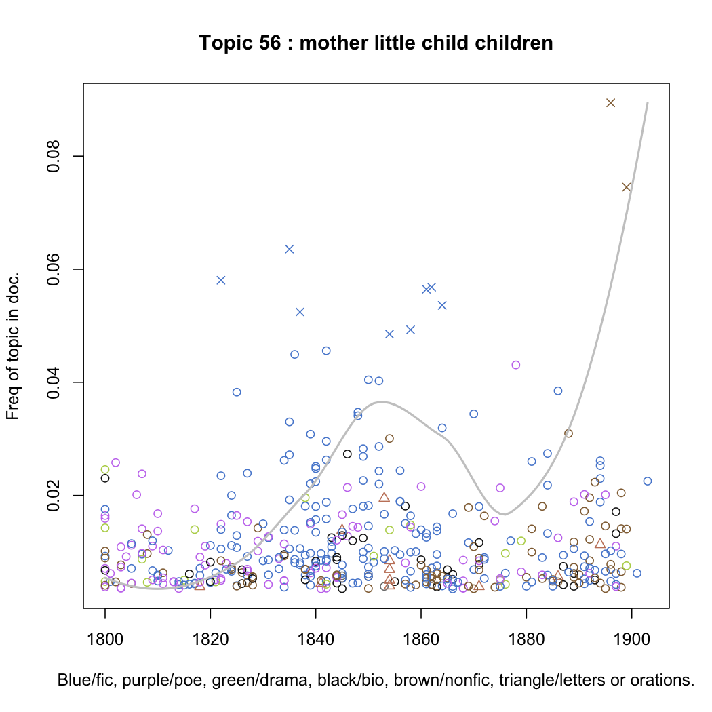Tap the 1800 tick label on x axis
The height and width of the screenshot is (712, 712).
(x=105, y=640)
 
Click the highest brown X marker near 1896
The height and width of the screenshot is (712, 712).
(x=610, y=102)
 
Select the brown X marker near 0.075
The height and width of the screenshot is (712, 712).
(x=627, y=187)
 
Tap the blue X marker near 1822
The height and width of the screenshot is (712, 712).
(x=220, y=280)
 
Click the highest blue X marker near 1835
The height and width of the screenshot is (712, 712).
(x=290, y=249)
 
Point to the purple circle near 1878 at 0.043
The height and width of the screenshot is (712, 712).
(x=515, y=365)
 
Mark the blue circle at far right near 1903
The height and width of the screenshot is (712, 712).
(x=647, y=481)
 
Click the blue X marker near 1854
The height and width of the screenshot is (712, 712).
(x=389, y=334)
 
